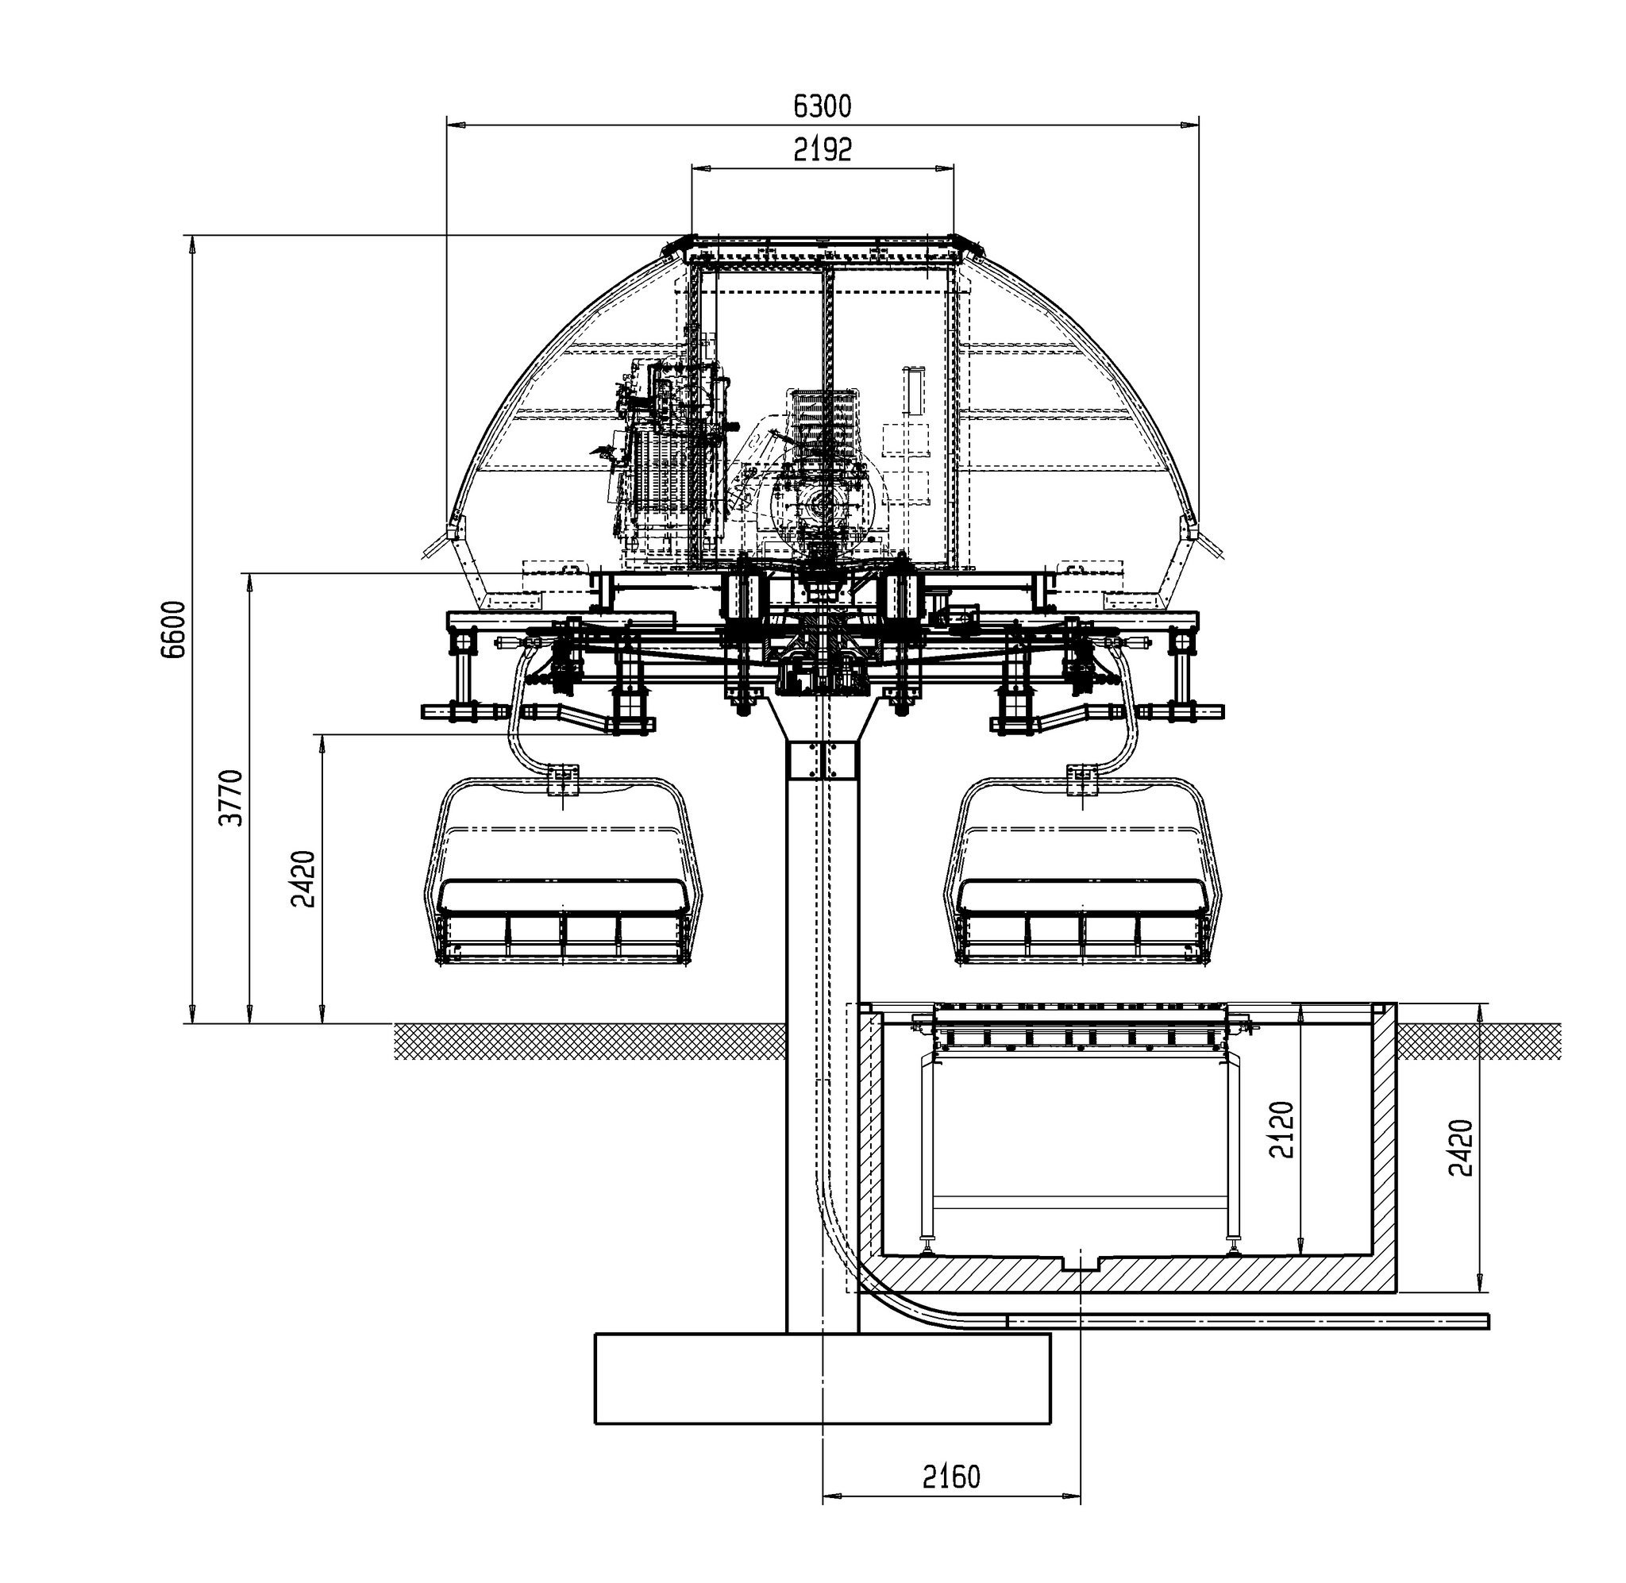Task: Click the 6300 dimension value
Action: tap(823, 106)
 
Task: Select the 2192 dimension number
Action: tap(823, 150)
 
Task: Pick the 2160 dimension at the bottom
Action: tap(951, 1477)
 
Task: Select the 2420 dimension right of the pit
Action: tap(1461, 1147)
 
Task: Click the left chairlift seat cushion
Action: tap(564, 895)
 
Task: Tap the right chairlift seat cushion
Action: tap(1082, 895)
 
